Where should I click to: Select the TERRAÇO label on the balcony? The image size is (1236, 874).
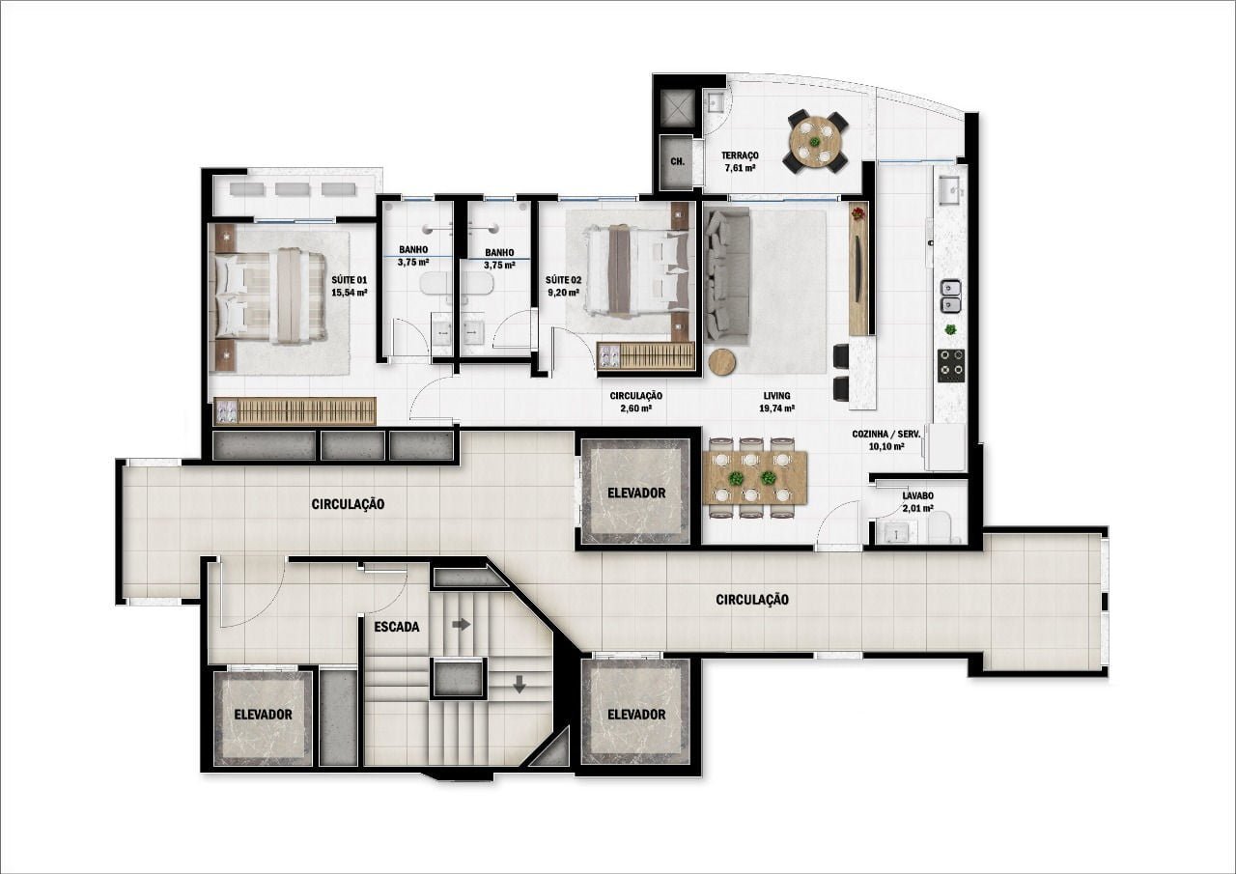tap(740, 155)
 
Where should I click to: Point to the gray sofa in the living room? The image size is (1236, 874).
tap(726, 278)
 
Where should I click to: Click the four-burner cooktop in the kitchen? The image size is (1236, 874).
tap(951, 362)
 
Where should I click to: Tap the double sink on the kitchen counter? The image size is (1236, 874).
tap(951, 296)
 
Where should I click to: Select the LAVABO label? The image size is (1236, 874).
tap(917, 494)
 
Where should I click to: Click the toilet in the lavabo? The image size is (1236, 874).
tap(942, 528)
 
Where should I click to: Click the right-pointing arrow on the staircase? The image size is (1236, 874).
tap(462, 625)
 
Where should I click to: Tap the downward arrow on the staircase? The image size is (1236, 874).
tap(520, 685)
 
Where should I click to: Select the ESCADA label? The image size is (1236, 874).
tap(396, 626)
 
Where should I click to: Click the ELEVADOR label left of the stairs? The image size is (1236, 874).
tap(263, 715)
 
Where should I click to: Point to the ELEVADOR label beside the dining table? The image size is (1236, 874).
tap(636, 493)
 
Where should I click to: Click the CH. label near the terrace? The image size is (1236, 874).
tap(677, 161)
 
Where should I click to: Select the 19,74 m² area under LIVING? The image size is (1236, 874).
tap(776, 409)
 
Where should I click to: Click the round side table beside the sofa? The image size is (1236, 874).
tap(721, 362)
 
